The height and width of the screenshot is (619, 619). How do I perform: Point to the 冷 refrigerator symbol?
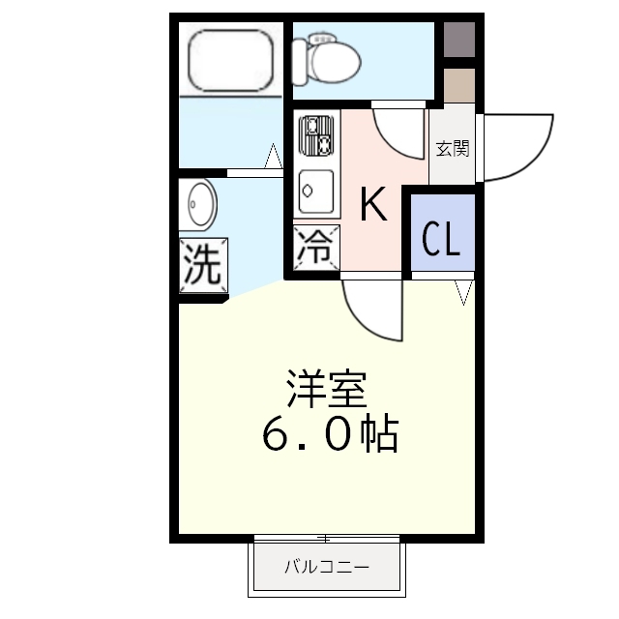pyautogui.click(x=317, y=247)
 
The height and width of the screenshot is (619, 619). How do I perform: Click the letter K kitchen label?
pyautogui.click(x=373, y=205)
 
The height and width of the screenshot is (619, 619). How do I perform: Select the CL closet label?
pyautogui.click(x=440, y=239)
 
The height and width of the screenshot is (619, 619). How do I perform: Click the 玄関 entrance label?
pyautogui.click(x=452, y=149)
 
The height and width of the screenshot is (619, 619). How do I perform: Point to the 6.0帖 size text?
pyautogui.click(x=329, y=436)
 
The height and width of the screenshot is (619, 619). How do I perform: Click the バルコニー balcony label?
pyautogui.click(x=326, y=567)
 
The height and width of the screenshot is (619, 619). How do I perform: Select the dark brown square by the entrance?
pyautogui.click(x=460, y=38)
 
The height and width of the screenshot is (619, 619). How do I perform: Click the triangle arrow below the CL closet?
pyautogui.click(x=463, y=290)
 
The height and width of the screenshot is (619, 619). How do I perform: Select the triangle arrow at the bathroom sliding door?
pyautogui.click(x=274, y=156)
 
